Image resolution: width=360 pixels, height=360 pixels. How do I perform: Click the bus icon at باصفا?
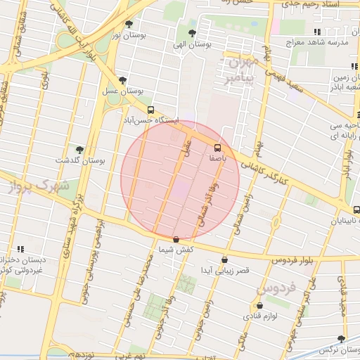point(217,148)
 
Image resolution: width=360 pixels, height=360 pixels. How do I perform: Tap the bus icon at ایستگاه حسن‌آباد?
point(150,110)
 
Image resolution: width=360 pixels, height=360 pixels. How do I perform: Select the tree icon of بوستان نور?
point(128,22)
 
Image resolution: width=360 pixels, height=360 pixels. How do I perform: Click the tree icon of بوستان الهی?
point(193,32)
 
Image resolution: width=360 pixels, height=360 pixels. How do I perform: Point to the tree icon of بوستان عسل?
point(123,80)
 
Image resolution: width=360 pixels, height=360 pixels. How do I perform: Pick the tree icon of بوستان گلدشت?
point(79,149)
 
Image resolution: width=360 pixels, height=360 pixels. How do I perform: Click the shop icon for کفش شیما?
point(175,240)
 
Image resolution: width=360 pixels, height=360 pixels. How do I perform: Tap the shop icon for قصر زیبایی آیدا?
point(224,259)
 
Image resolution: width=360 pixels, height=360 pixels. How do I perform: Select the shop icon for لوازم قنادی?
point(260,306)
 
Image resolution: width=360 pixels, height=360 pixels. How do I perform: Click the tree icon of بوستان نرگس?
point(341,338)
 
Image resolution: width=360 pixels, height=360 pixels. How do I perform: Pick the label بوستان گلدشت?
point(83,160)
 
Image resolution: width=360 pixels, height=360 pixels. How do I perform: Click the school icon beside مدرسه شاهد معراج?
point(317,32)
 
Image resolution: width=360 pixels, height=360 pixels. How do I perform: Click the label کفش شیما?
point(175,251)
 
